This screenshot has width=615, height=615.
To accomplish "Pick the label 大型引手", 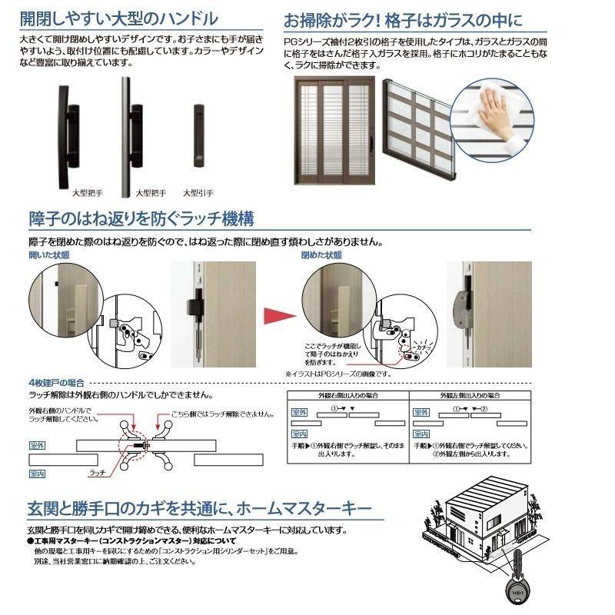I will click(198, 193).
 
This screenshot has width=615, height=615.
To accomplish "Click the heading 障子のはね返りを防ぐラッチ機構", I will click(141, 218).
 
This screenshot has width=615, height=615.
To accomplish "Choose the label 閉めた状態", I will click(321, 254).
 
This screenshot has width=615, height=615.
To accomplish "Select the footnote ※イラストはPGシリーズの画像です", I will click(337, 374).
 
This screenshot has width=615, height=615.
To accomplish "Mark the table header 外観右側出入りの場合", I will click(347, 396).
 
